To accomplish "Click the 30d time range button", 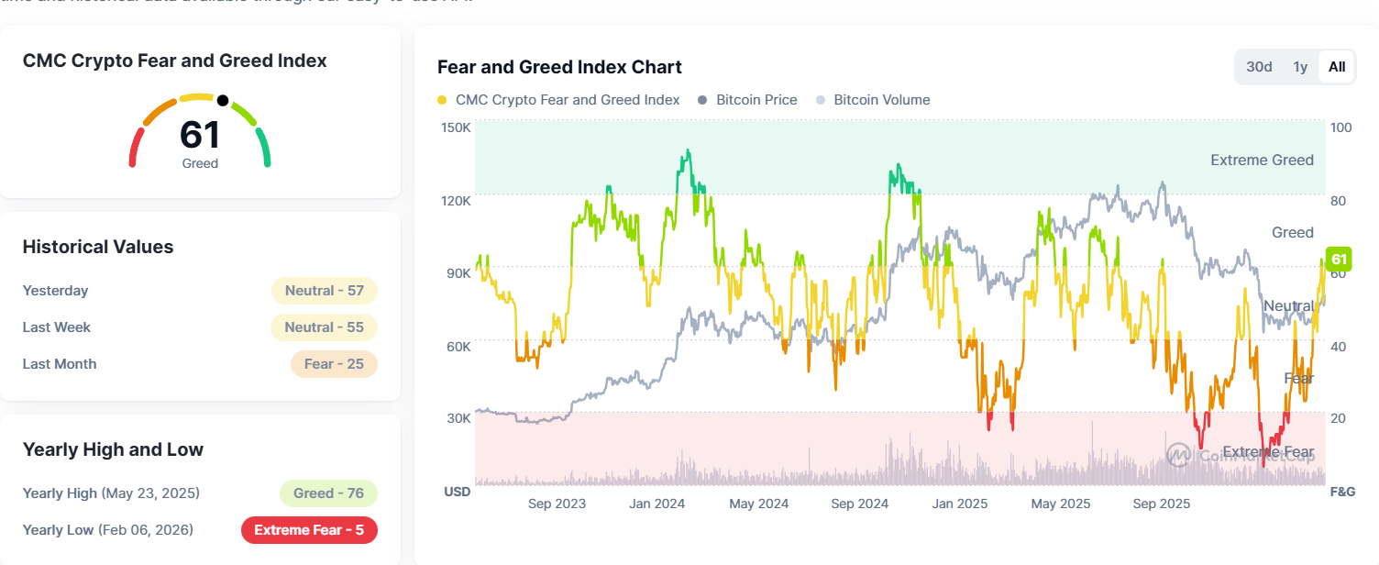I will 1259,67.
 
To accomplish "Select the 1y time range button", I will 1300,67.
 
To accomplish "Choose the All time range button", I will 1337,67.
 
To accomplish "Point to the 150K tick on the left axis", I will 458,127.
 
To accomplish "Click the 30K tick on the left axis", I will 458,418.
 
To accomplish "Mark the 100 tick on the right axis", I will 1340,127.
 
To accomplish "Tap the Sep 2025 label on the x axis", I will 1161,504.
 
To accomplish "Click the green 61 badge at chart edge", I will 1339,259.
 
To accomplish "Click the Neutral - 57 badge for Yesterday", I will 325,291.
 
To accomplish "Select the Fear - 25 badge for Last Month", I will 334,364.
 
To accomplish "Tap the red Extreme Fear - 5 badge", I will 309,530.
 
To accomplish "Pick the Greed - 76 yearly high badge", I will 328,493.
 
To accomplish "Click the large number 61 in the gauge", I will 200,135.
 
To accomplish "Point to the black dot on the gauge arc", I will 222,99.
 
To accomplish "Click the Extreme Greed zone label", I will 1262,161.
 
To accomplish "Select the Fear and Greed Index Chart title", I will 559,67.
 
